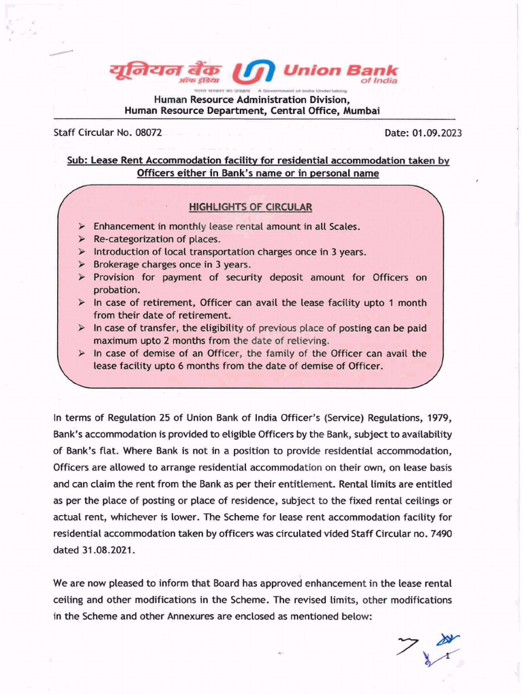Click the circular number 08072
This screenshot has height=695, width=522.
[148, 132]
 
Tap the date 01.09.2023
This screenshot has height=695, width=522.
[436, 133]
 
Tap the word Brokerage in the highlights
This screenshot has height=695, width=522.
[118, 264]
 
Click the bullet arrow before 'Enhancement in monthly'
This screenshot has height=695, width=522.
[81, 226]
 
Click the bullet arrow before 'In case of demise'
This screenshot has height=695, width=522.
[81, 354]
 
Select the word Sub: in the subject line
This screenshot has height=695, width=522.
[78, 160]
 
